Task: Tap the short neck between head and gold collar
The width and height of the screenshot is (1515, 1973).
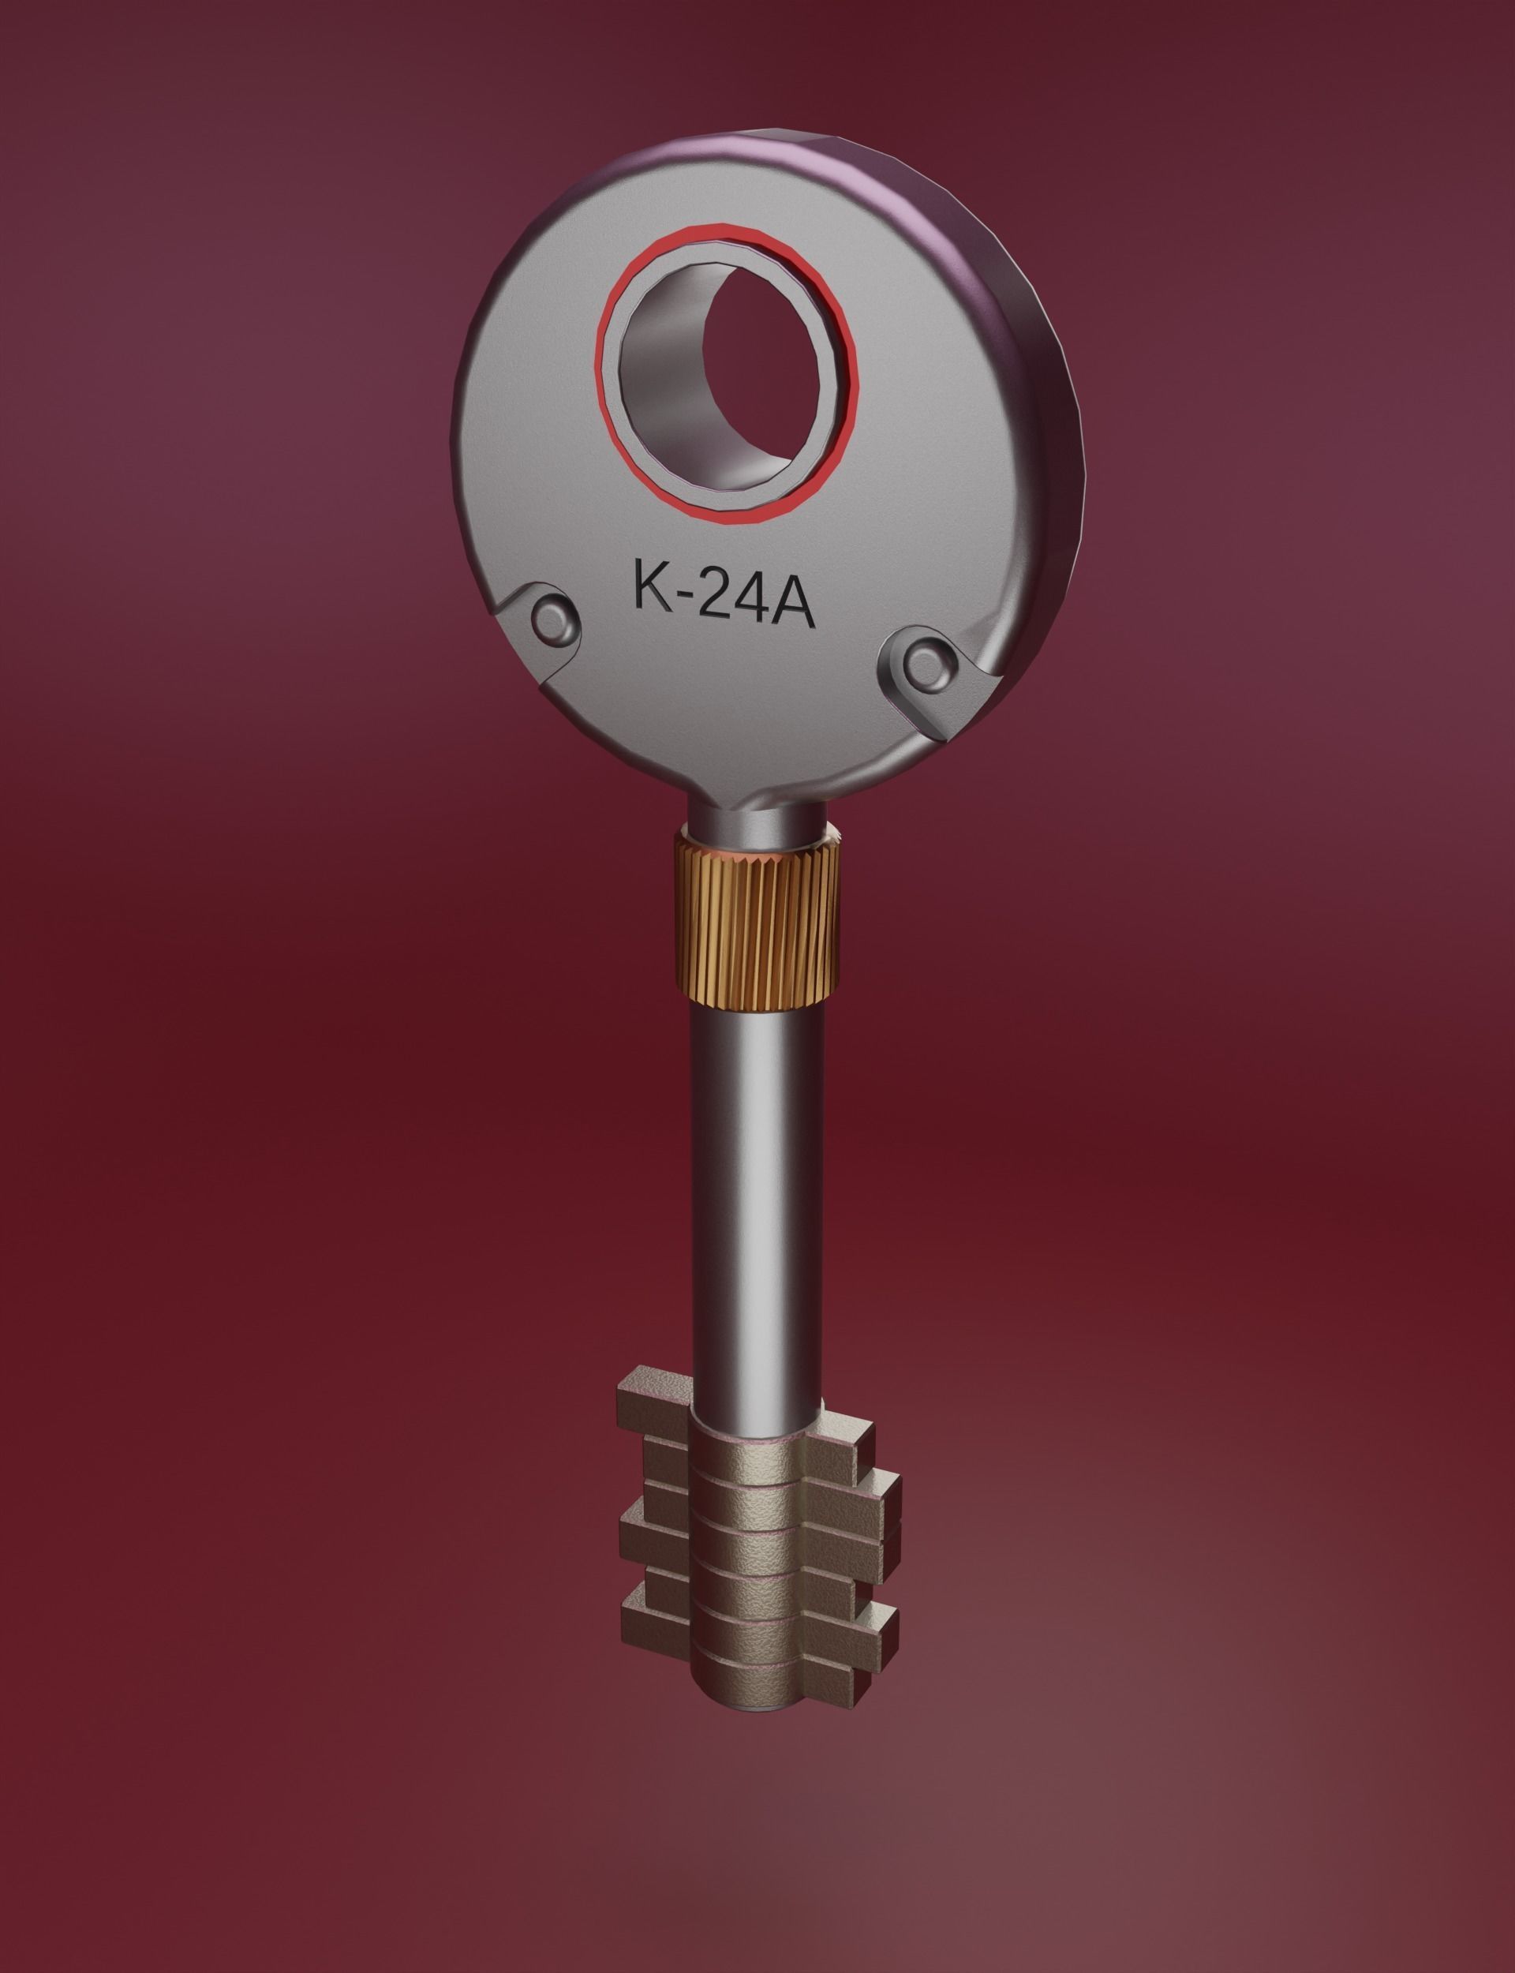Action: coord(756,816)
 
